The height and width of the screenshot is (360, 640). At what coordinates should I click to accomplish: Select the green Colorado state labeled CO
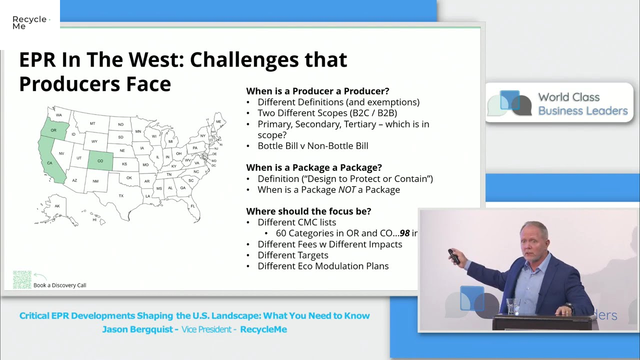click(100, 160)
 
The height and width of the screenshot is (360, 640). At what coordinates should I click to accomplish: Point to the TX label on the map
click(120, 195)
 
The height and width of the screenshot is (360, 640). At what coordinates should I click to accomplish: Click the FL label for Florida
click(192, 206)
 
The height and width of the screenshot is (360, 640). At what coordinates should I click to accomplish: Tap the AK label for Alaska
click(57, 206)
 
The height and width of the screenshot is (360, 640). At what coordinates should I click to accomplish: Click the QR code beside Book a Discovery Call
click(22, 280)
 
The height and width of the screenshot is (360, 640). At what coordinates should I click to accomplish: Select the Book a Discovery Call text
click(59, 285)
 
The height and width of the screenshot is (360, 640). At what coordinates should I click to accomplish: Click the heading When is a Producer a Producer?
click(317, 91)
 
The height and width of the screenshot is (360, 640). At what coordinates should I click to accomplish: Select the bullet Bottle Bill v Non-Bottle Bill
click(312, 146)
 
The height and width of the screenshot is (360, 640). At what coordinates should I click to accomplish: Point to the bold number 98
click(404, 233)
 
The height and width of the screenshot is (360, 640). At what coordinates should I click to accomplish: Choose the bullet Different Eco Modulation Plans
click(322, 266)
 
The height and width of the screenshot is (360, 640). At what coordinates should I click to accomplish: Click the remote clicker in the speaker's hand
click(454, 256)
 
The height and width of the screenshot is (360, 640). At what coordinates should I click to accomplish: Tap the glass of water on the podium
click(513, 306)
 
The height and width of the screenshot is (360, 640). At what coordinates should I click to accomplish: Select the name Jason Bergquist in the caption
click(137, 329)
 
